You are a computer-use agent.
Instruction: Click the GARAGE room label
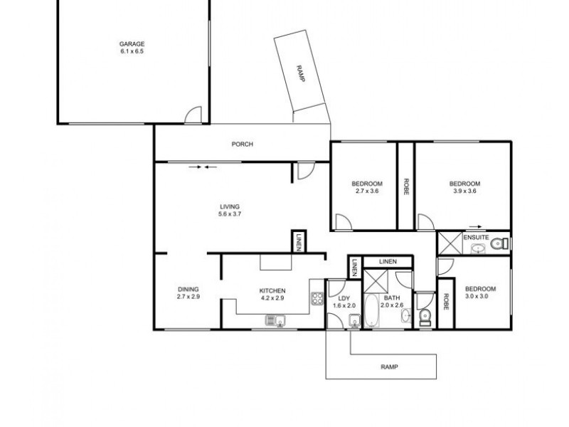[132, 48]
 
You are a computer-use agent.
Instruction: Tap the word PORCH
[243, 144]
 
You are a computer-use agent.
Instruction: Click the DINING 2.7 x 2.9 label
[188, 292]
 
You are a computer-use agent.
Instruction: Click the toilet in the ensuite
[502, 244]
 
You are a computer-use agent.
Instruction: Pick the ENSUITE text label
[475, 236]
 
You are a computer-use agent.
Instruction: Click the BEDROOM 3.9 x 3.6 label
[465, 186]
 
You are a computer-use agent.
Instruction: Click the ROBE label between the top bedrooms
[405, 186]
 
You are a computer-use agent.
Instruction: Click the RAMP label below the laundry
[388, 367]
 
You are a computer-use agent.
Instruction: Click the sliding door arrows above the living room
[203, 168]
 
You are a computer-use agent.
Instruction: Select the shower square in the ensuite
[449, 243]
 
